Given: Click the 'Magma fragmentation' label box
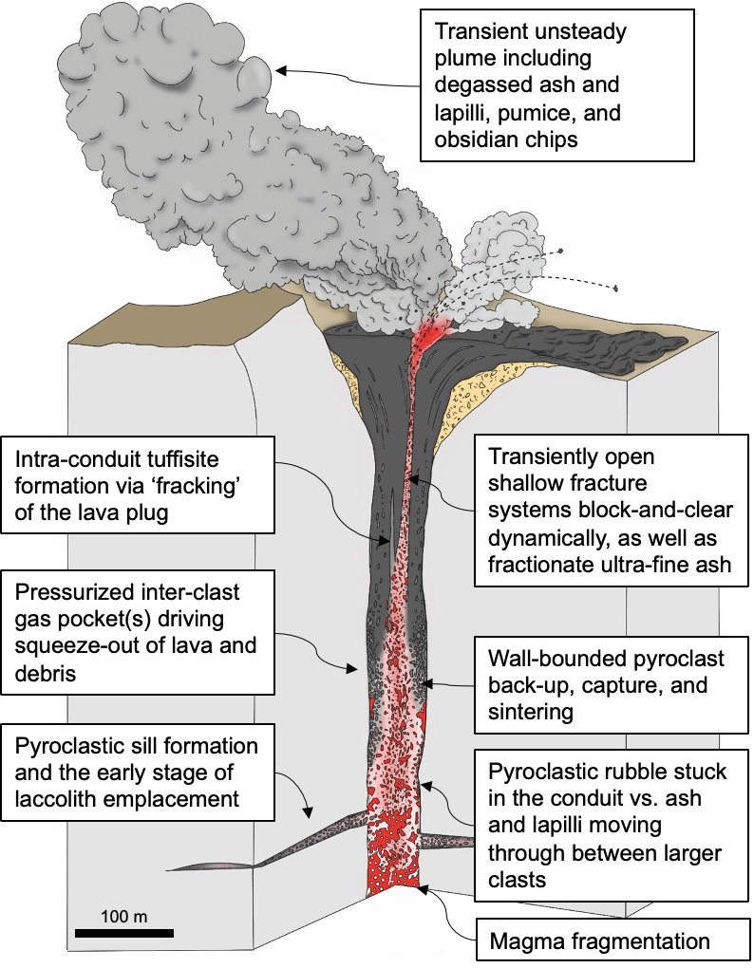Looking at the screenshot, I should (599, 942).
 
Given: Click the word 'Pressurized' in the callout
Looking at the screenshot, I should (72, 593).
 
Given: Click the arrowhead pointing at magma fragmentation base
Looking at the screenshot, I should (422, 887).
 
